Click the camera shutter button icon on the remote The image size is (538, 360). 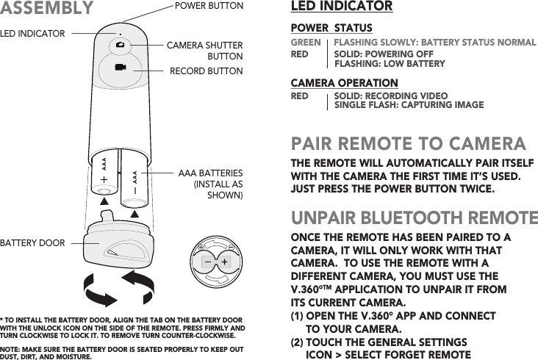pos(120,46)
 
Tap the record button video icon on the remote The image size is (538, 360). pos(120,68)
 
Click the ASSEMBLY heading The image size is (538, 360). pos(47,9)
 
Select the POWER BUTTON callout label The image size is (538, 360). pos(208,6)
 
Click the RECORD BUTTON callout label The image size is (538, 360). pos(206,71)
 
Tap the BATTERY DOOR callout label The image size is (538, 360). pos(32,242)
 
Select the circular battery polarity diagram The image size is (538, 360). pos(215,262)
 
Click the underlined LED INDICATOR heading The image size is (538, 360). pos(342,7)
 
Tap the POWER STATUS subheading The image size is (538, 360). pos(331,28)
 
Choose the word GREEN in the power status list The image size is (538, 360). pos(306,43)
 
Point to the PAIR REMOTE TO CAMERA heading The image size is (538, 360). pos(409,143)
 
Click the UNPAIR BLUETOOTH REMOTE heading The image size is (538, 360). pos(415,218)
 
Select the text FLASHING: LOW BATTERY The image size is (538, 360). pos(390,64)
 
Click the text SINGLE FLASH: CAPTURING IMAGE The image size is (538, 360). pos(409,105)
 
